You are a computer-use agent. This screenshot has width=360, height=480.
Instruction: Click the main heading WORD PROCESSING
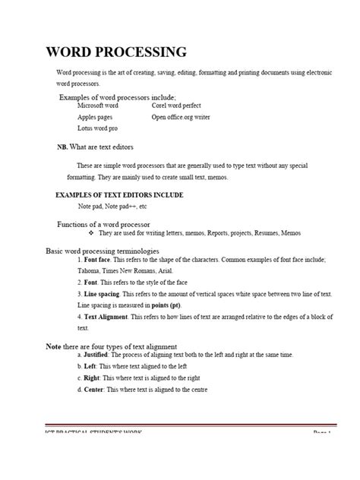pos(116,52)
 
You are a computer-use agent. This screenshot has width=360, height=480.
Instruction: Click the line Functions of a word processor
pos(103,225)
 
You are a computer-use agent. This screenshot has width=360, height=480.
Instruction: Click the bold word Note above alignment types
pos(53,346)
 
